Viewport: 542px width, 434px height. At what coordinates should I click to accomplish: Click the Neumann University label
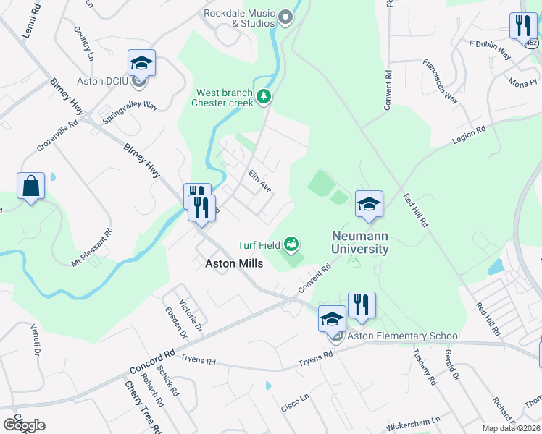pos(360,242)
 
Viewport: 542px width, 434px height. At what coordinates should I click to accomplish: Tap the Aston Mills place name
pos(233,264)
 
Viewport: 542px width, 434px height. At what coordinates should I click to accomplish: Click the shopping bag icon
pos(31,187)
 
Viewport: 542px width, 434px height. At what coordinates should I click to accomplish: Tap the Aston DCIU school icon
pos(142,64)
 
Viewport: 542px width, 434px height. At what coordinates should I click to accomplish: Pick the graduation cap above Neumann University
pos(369,204)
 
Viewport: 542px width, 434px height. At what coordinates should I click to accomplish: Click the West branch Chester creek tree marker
pos(264,96)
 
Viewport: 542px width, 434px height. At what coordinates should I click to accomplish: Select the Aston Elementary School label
pos(403,336)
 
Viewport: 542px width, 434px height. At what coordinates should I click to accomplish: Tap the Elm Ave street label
pos(259,181)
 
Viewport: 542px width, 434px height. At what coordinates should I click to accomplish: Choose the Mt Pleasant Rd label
pos(93,247)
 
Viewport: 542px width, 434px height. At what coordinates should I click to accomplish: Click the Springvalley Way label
pos(130,114)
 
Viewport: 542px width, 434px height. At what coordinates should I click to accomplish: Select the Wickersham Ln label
pos(416,420)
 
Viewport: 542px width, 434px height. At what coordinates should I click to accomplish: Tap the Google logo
pos(24,425)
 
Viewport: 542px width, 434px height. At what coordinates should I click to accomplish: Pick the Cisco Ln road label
pos(295,399)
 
